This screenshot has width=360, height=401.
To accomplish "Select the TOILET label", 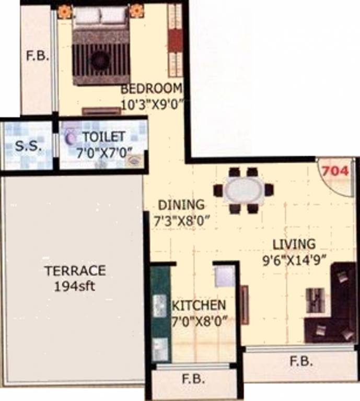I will point(104,137).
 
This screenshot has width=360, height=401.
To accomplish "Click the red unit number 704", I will point(335,171).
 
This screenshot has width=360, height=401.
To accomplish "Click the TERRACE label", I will point(75,270).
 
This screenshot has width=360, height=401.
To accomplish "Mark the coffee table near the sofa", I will point(315,300).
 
